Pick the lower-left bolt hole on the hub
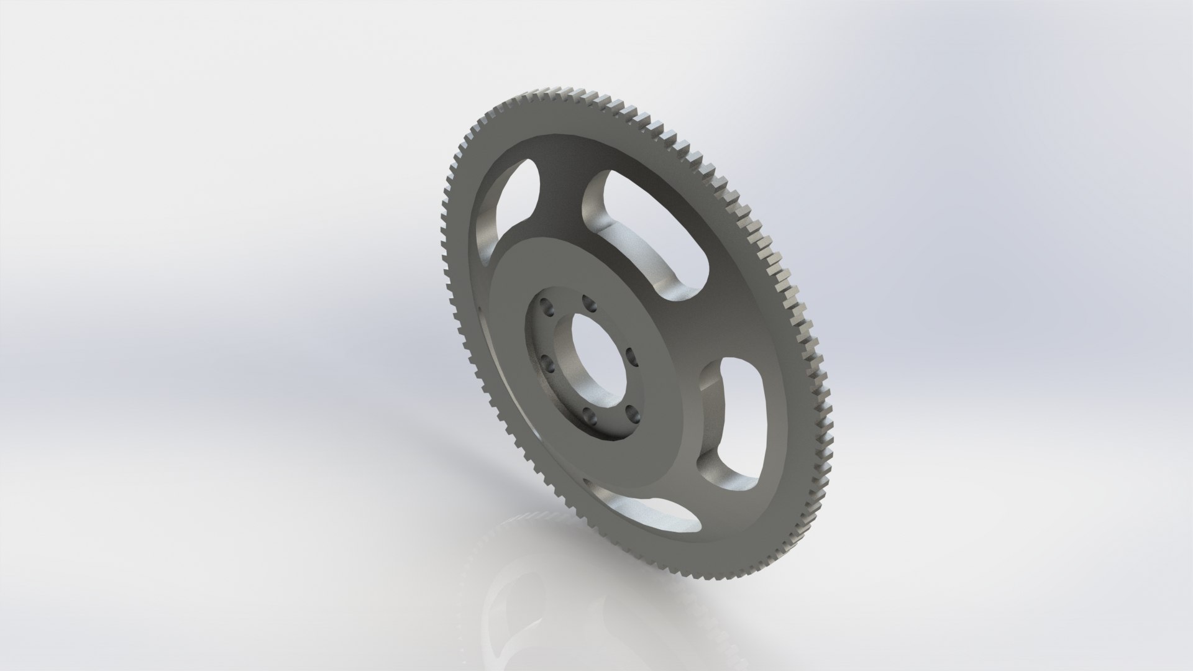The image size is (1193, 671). tap(546, 362)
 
